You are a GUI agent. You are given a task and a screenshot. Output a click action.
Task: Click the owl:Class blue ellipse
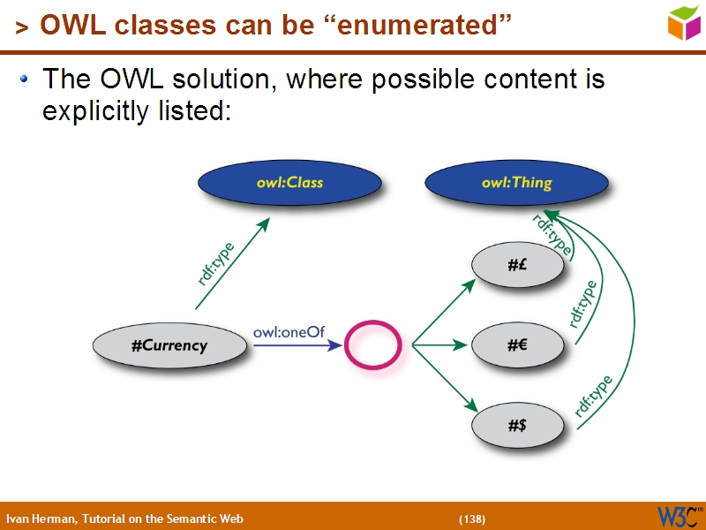[289, 183]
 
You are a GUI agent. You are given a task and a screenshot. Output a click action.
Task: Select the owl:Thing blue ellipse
[516, 183]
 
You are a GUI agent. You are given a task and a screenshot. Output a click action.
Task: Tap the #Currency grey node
[169, 345]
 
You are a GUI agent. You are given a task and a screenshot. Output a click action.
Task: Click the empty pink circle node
[372, 345]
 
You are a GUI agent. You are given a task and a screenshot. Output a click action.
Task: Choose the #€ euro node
[517, 345]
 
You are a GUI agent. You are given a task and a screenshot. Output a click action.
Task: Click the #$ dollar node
[517, 426]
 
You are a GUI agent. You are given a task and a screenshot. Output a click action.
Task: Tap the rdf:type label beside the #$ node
[594, 396]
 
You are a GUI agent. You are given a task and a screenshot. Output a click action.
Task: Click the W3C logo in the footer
[679, 517]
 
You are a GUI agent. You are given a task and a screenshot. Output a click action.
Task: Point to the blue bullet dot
[25, 79]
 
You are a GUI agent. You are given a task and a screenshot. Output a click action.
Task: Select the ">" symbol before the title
[21, 28]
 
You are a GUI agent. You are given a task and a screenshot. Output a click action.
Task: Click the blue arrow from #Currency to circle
[296, 345]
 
